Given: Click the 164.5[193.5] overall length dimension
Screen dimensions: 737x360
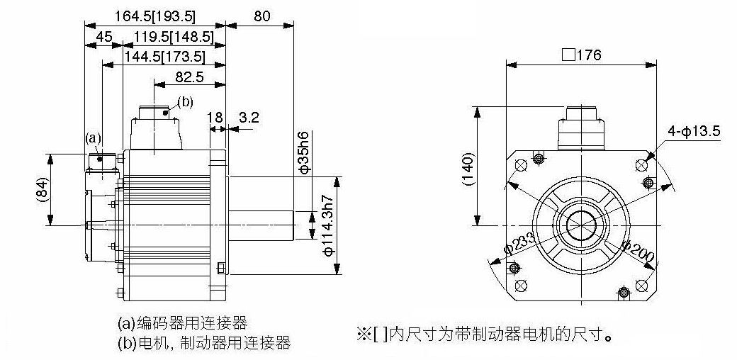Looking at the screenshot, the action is click(155, 16).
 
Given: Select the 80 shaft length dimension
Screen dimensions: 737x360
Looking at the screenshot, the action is click(262, 16).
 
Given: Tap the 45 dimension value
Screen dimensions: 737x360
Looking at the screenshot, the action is click(104, 37).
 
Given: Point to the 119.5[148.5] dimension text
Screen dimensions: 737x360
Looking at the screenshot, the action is click(174, 37).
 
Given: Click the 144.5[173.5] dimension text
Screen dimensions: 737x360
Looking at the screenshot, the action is click(165, 57).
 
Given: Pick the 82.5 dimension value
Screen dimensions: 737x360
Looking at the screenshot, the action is click(189, 77).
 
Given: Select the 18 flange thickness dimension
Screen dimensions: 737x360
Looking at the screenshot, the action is click(215, 117).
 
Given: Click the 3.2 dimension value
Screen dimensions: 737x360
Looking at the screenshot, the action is click(249, 117).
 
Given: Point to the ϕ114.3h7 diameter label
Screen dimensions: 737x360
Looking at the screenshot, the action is click(329, 225).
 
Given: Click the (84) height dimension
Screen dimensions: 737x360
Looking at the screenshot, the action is click(42, 190).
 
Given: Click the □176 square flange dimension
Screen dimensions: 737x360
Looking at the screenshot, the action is click(581, 55).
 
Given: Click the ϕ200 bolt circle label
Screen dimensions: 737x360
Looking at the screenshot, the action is click(638, 251).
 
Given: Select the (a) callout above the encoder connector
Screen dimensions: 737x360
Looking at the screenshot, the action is click(93, 137).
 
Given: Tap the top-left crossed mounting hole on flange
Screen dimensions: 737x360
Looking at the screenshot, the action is click(522, 165).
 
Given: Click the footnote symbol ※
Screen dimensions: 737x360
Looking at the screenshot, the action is click(364, 334).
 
